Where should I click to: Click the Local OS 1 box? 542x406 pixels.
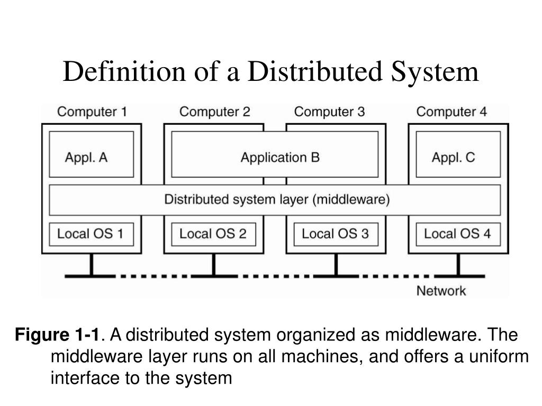pyautogui.click(x=91, y=234)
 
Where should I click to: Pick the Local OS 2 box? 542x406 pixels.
pyautogui.click(x=213, y=234)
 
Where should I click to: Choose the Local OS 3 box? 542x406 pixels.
pyautogui.click(x=336, y=234)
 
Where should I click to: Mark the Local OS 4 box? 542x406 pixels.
pyautogui.click(x=458, y=234)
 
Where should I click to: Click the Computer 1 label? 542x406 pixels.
pyautogui.click(x=92, y=112)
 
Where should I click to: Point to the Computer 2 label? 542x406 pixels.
pyautogui.click(x=214, y=112)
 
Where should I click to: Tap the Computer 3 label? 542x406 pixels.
pyautogui.click(x=329, y=112)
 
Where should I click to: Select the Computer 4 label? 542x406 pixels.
pyautogui.click(x=451, y=112)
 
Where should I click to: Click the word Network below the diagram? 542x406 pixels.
pyautogui.click(x=441, y=291)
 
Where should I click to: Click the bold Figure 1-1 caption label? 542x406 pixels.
pyautogui.click(x=57, y=335)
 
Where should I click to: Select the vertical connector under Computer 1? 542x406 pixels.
pyautogui.click(x=91, y=265)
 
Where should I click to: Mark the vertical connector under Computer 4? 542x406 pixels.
pyautogui.click(x=458, y=265)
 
